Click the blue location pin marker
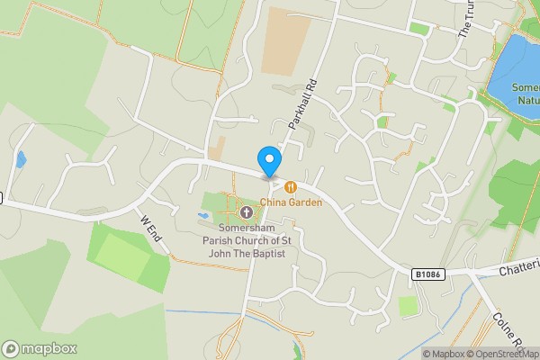268,160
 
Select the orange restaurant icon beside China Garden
291,187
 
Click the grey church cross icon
247,211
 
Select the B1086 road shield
429,273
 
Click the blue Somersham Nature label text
525,94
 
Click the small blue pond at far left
21,160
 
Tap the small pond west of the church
202,216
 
